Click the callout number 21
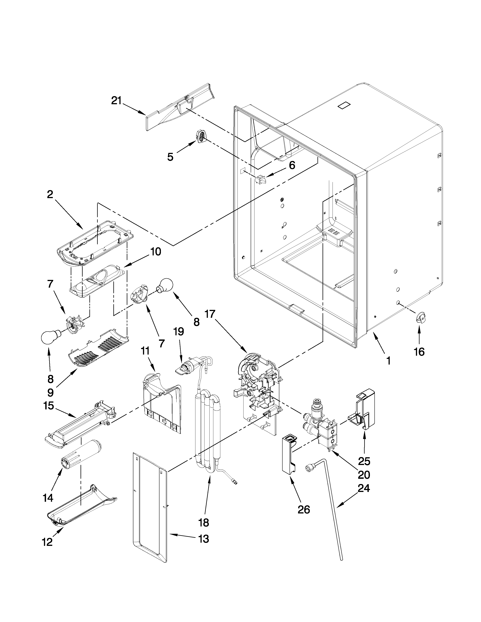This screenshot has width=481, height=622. [x=116, y=101]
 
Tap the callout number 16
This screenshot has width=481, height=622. [x=419, y=352]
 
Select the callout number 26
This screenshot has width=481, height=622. [x=304, y=509]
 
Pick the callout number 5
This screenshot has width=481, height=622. [x=170, y=157]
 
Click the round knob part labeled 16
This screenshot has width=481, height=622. [x=421, y=317]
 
